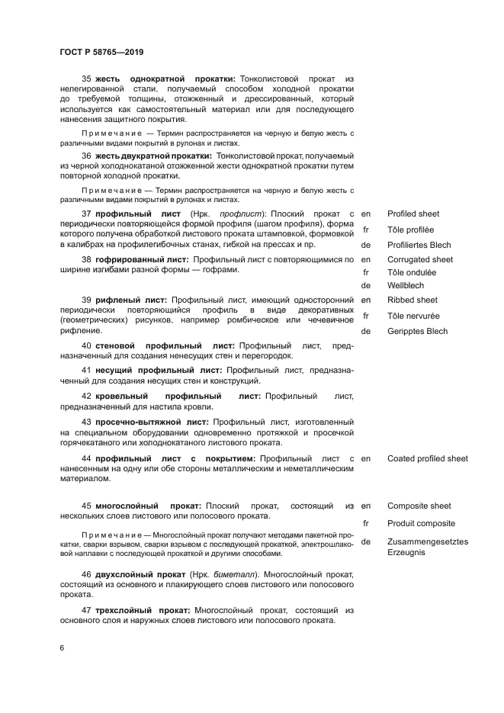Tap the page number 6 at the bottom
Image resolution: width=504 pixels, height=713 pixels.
[x=61, y=648]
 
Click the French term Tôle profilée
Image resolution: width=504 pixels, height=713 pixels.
[x=410, y=230]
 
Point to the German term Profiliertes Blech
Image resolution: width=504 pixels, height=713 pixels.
[x=419, y=245]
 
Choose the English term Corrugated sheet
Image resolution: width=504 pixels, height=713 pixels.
[x=420, y=259]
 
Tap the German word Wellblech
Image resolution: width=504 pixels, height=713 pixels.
[x=406, y=285]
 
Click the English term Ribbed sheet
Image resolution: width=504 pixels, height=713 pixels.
[x=413, y=300]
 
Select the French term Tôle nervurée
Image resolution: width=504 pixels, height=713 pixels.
[x=412, y=316]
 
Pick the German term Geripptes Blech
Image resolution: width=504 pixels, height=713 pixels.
[x=417, y=331]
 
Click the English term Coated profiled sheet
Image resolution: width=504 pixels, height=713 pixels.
[x=427, y=458]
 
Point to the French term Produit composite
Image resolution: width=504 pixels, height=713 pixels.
[x=421, y=523]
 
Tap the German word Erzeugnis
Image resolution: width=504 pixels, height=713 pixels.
[x=406, y=551]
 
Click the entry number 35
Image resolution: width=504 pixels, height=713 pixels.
[x=86, y=79]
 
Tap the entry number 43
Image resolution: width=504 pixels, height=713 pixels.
[x=86, y=422]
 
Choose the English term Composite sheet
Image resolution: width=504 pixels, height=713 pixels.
[x=419, y=506]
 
